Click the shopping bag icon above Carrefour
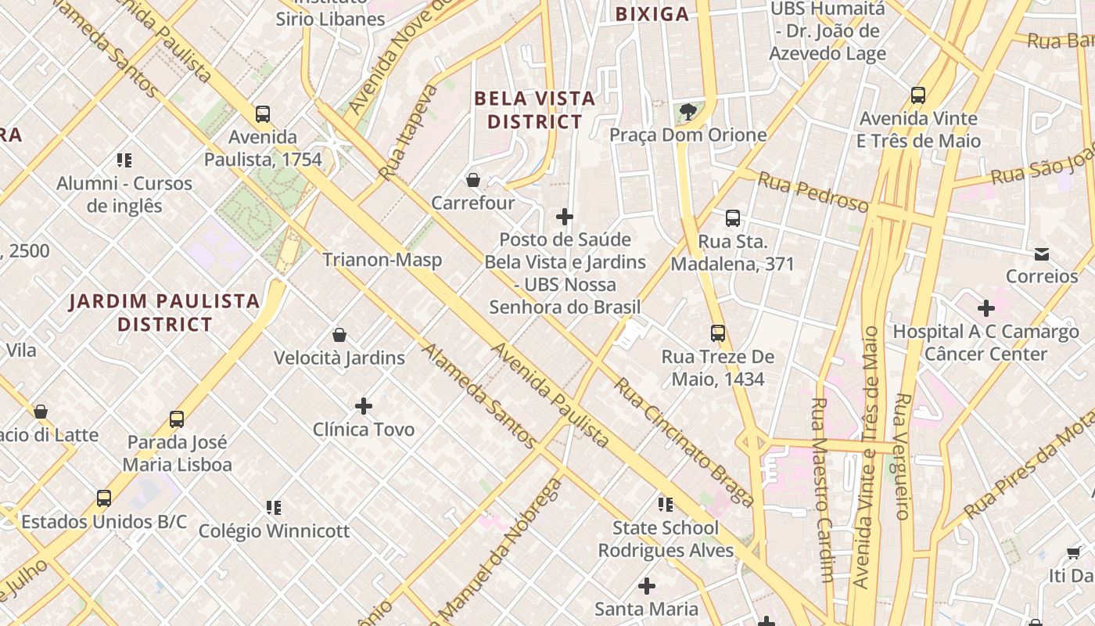[473, 181]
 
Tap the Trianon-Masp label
[382, 260]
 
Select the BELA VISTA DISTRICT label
[535, 110]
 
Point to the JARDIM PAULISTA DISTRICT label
[164, 312]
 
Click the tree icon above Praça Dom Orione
[688, 112]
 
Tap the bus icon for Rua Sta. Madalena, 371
[732, 218]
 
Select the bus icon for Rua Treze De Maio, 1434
[718, 333]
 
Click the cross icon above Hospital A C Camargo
[985, 308]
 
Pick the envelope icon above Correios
[1042, 254]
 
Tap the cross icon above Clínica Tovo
[364, 406]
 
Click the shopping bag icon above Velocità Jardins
[339, 336]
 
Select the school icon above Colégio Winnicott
[274, 508]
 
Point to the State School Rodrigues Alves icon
[666, 505]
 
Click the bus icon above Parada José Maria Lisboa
[177, 419]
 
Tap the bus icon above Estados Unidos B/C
[104, 498]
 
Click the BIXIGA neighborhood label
[652, 14]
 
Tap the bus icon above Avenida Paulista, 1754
[263, 114]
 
